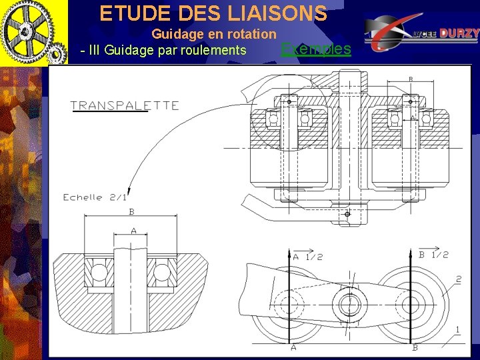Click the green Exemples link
click(316, 49)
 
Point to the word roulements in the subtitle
click(213, 50)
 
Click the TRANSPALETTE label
click(125, 105)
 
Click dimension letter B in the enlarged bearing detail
click(131, 212)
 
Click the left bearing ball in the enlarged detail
click(99, 272)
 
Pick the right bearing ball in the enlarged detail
click(161, 272)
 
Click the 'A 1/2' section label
click(307, 256)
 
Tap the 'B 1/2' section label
click(433, 255)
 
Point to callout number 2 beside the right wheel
click(459, 279)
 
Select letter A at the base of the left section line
click(293, 347)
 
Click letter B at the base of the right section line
click(415, 347)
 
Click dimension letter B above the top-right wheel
click(411, 80)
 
